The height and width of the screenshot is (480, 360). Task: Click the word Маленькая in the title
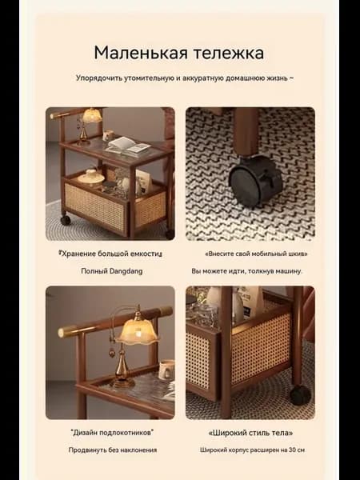click(x=141, y=53)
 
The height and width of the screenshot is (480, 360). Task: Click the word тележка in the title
click(x=228, y=53)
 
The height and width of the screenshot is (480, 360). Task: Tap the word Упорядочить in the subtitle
click(x=98, y=78)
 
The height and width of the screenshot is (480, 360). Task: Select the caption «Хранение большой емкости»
click(x=110, y=254)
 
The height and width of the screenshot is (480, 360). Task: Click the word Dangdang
click(x=126, y=271)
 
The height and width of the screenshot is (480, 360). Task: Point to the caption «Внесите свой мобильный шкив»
click(x=256, y=254)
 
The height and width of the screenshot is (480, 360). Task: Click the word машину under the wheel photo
click(x=289, y=271)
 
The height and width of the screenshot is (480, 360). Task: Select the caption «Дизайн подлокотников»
click(x=112, y=433)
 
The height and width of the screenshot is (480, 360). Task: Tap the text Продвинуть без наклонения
click(x=112, y=450)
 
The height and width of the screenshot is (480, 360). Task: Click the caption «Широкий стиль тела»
click(x=250, y=433)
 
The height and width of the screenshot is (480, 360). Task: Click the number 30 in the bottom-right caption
click(x=292, y=450)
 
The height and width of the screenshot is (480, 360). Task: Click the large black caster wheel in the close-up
click(x=255, y=181)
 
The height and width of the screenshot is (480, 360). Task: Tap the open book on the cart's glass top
click(x=128, y=145)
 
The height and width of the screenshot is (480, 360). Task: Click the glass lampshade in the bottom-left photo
click(x=137, y=331)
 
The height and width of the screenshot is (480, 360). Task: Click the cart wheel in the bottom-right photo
click(x=300, y=395)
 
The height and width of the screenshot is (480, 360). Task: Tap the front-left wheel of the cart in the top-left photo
click(x=66, y=219)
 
